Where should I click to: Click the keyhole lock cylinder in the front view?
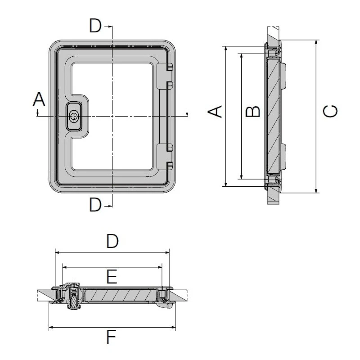74,117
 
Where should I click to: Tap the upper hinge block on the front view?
165,76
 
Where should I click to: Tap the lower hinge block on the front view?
165,157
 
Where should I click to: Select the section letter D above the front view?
95,26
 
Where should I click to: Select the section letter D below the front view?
95,205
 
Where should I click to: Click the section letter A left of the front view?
39,99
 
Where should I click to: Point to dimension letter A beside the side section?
215,112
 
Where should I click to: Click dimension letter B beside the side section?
253,112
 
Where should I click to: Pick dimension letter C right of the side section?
330,111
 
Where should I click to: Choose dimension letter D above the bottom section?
112,241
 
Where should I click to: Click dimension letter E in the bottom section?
112,277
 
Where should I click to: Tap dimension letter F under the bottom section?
111,337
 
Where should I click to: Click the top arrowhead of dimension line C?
316,42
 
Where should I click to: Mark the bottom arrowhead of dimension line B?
241,177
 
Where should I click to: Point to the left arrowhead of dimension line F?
51,327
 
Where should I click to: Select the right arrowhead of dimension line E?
160,267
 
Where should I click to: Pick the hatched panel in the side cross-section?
273,116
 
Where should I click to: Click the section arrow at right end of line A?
187,112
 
